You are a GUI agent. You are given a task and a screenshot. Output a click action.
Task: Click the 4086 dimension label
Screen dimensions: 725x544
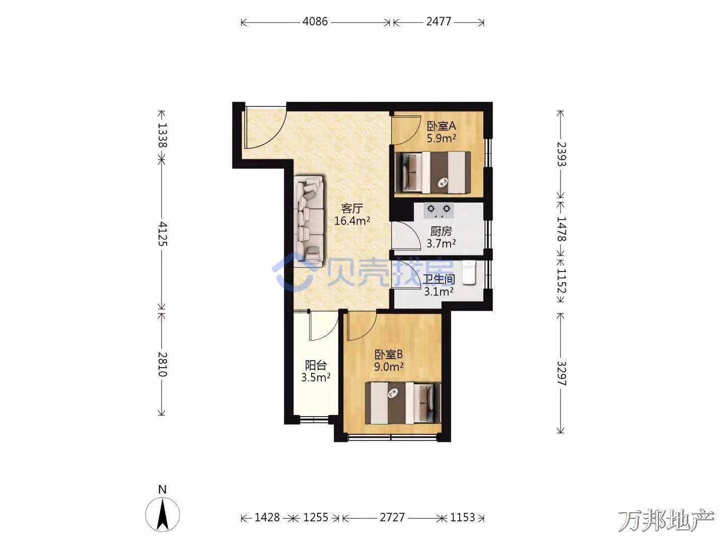(315, 22)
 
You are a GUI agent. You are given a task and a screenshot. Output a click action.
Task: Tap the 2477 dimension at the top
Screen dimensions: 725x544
(439, 22)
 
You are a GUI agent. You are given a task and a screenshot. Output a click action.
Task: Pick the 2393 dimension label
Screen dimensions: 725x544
(561, 154)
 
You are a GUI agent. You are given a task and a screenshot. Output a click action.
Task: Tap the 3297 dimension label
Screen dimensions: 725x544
(561, 373)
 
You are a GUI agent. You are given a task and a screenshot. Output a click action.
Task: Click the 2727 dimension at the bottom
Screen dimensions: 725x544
(392, 517)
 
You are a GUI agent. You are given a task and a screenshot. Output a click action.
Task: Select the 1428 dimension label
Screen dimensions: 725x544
(267, 517)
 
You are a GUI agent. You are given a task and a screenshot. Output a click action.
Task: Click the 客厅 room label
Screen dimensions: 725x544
(352, 209)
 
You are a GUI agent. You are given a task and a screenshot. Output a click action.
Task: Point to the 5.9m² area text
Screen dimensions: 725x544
(442, 138)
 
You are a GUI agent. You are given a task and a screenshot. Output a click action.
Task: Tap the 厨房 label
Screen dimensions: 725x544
(441, 231)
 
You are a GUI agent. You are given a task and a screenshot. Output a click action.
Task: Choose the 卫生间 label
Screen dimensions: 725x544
(439, 280)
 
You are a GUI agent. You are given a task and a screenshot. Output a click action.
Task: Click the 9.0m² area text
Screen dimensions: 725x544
(389, 367)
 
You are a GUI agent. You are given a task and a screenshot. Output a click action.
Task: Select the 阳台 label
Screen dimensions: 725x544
(316, 365)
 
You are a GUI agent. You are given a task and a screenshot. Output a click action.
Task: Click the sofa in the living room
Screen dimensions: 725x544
(309, 220)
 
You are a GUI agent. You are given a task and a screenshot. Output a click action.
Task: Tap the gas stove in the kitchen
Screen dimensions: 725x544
(439, 211)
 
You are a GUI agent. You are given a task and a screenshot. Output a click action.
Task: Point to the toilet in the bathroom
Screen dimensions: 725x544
(469, 272)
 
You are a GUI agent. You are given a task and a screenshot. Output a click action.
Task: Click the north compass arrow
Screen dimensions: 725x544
(163, 514)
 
